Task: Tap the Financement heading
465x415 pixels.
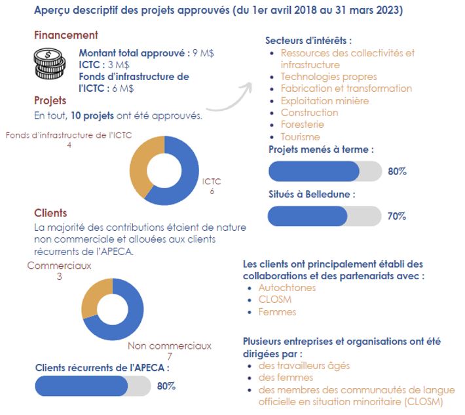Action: click(65, 35)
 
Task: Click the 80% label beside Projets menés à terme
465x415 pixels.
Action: click(397, 171)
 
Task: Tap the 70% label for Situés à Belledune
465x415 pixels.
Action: click(397, 216)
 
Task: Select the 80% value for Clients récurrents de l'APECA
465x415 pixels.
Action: click(166, 386)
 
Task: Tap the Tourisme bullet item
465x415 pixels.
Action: click(300, 137)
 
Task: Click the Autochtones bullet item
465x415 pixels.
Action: click(287, 288)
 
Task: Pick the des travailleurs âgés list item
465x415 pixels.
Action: click(304, 365)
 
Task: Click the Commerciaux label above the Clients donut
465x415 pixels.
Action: click(59, 266)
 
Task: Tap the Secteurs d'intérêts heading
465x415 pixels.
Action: click(308, 41)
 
